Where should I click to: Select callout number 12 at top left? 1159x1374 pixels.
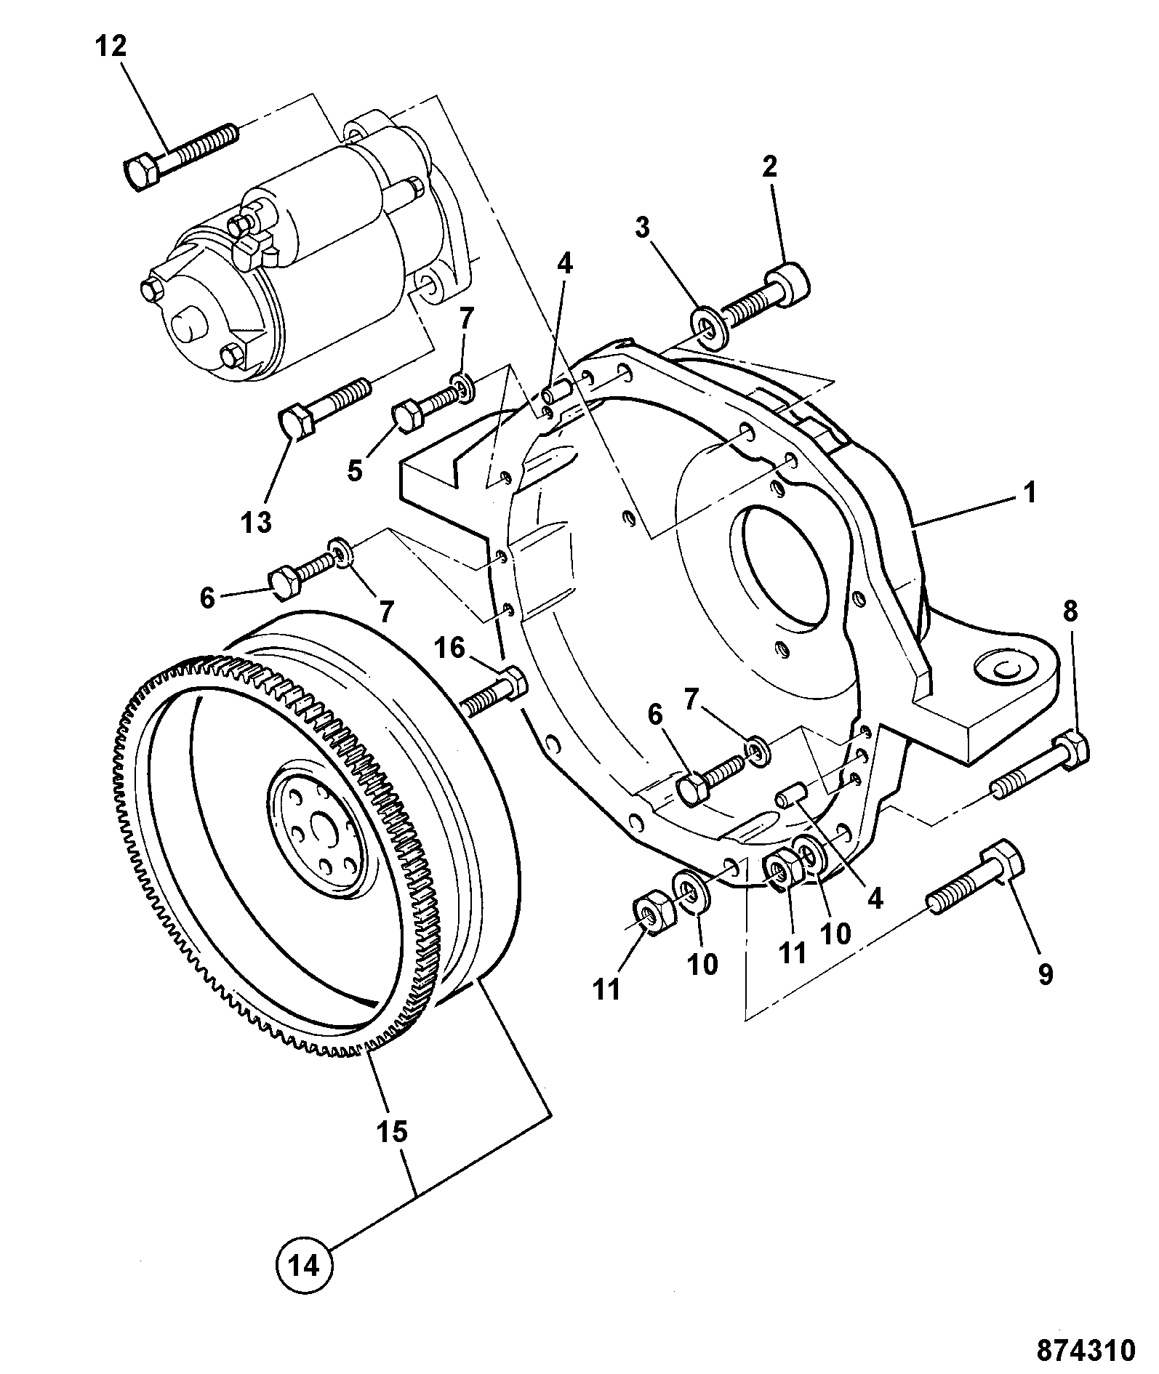[111, 47]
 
